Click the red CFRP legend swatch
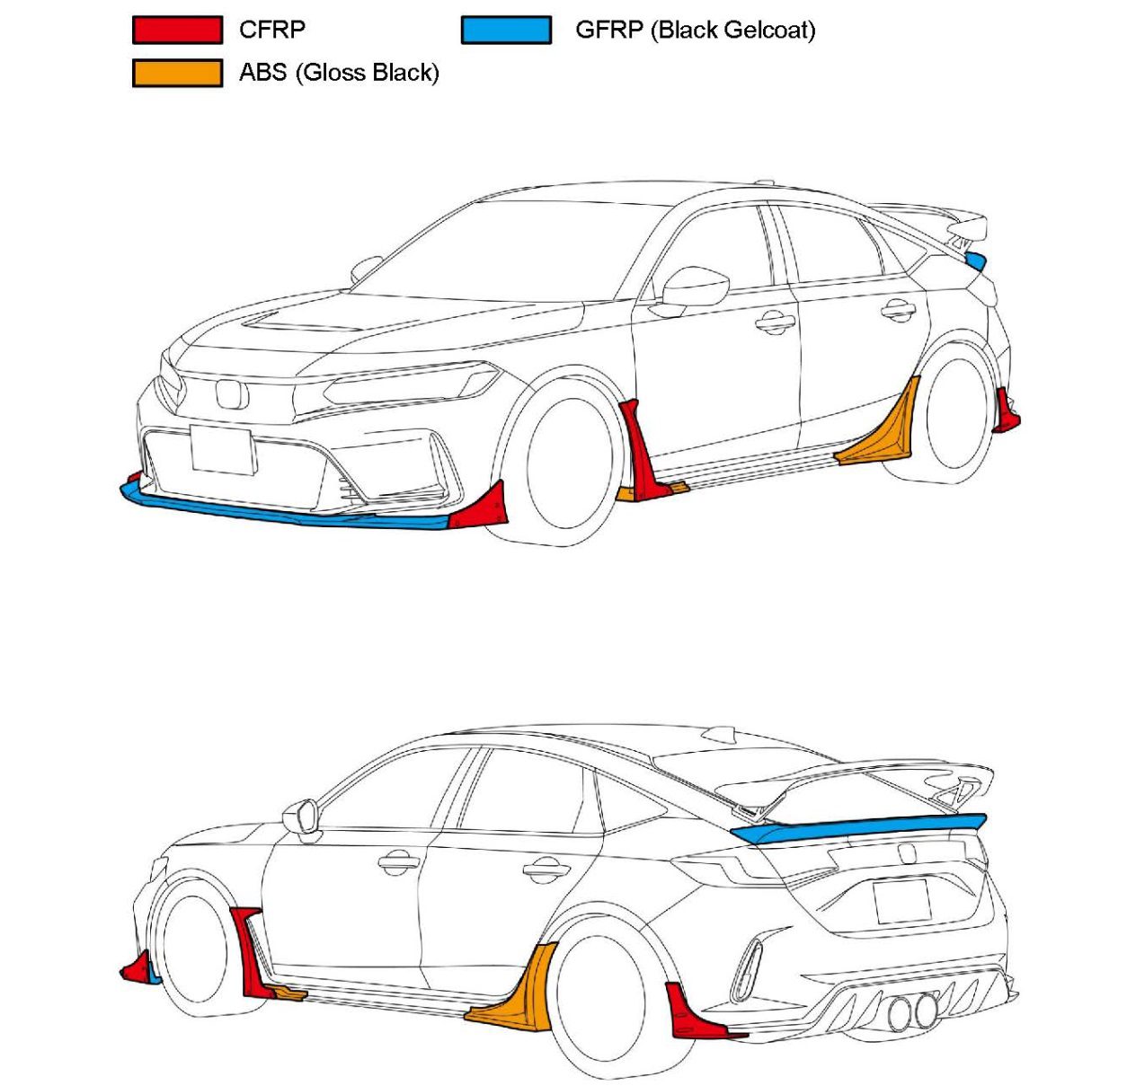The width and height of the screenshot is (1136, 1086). (x=177, y=30)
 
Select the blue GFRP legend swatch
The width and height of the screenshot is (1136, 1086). (x=506, y=30)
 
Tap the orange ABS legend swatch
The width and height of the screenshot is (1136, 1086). (x=177, y=73)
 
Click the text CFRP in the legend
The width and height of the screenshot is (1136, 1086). (x=271, y=30)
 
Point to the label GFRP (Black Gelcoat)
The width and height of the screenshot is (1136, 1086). (x=695, y=30)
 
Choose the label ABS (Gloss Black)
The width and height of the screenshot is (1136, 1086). (x=339, y=73)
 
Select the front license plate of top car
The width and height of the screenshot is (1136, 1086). (x=221, y=449)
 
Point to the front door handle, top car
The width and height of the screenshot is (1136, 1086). (x=775, y=321)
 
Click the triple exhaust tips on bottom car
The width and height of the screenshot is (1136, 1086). (x=911, y=1012)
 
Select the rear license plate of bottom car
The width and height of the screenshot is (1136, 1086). (x=901, y=901)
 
